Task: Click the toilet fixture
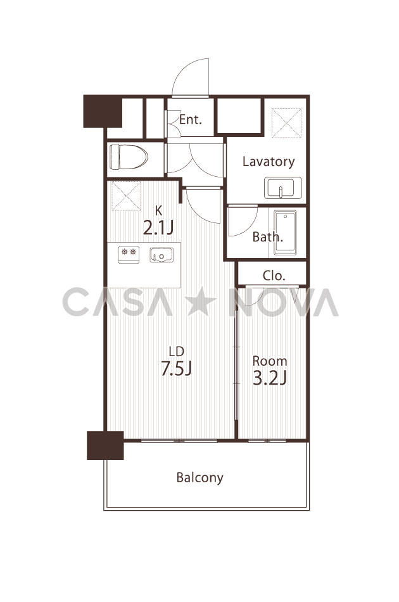tap(129, 157)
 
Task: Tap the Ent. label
tap(190, 119)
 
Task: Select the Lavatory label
tap(269, 161)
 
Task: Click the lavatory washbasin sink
tap(282, 188)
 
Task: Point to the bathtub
tap(285, 233)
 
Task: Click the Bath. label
tap(268, 237)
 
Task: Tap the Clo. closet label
tap(274, 275)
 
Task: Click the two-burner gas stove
tap(129, 255)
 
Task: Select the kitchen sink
tap(161, 255)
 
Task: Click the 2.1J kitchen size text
tap(158, 227)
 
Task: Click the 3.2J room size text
tap(270, 378)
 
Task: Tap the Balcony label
tap(200, 478)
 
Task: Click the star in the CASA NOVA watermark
tap(201, 302)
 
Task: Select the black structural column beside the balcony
tap(105, 445)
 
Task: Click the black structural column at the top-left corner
tap(103, 111)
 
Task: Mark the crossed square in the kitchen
tap(126, 196)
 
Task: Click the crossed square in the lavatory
tap(287, 123)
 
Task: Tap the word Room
tap(270, 361)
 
